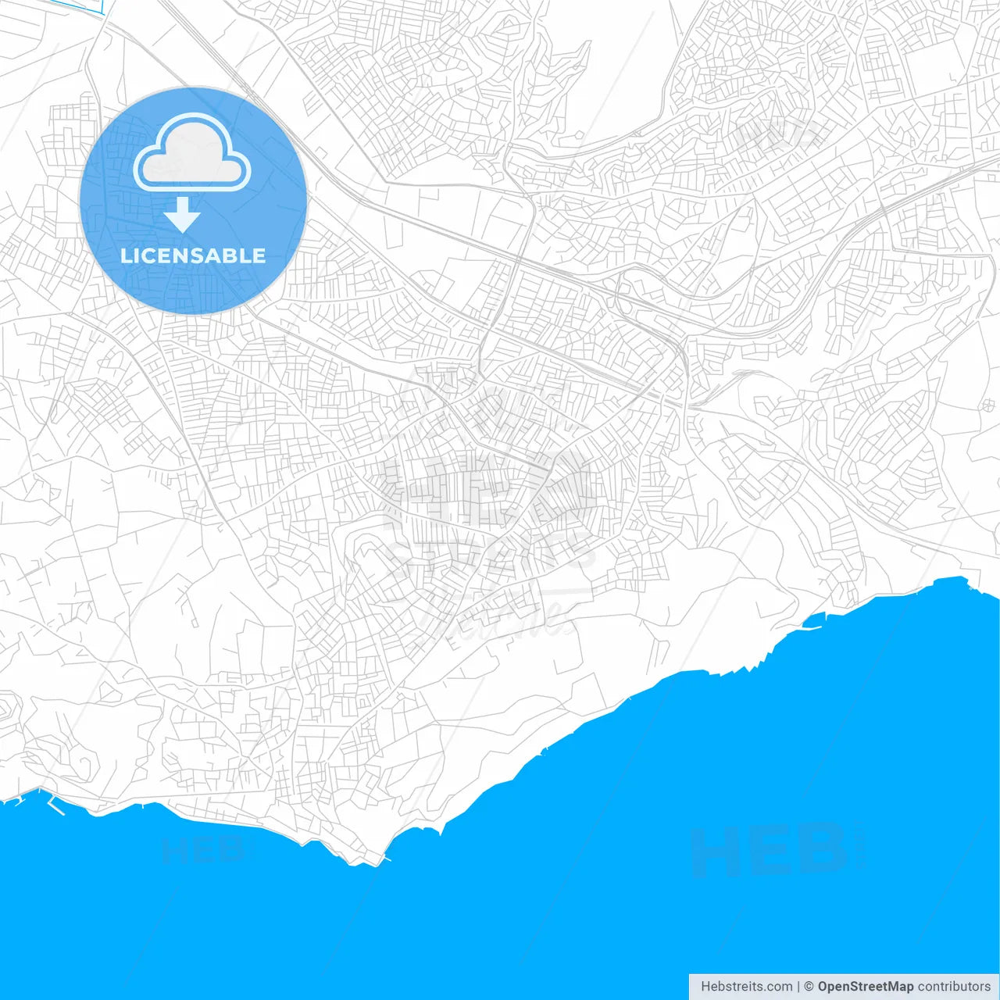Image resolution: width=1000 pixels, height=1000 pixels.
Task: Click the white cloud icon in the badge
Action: [192, 152]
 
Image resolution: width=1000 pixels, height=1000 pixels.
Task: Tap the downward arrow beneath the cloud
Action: [183, 215]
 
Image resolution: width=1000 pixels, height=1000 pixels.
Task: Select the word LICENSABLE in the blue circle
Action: [193, 255]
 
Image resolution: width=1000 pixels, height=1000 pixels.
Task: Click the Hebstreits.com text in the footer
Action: [746, 986]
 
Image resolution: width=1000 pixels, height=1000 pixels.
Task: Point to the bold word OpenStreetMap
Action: [865, 986]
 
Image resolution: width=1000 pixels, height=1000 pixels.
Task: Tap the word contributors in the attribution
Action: [954, 986]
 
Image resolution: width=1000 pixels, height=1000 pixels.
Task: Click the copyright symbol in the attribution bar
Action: [809, 986]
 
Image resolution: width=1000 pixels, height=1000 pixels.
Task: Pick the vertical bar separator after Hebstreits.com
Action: [798, 986]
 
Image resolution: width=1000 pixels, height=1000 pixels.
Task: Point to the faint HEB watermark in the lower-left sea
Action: [203, 849]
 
